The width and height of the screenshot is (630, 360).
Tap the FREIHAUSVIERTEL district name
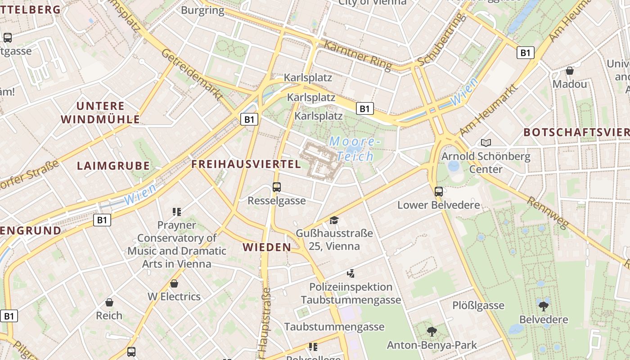click(x=246, y=164)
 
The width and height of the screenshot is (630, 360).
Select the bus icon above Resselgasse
click(x=277, y=187)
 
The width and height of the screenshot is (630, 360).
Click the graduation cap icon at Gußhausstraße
click(x=334, y=220)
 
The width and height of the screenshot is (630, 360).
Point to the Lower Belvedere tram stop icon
click(x=439, y=192)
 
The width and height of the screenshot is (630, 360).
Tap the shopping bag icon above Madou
click(x=570, y=71)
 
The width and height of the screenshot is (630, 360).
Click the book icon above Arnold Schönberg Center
click(x=486, y=143)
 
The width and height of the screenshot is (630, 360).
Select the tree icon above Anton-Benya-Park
click(x=432, y=332)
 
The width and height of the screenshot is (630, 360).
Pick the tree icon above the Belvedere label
click(x=544, y=306)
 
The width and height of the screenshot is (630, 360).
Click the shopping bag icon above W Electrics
click(x=174, y=283)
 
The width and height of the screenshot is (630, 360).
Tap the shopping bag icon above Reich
click(x=109, y=302)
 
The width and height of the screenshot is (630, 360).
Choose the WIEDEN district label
click(x=267, y=247)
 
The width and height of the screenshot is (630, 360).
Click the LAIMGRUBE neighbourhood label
click(x=113, y=166)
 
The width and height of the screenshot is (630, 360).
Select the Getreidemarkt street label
click(x=193, y=75)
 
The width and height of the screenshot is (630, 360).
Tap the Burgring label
click(x=202, y=10)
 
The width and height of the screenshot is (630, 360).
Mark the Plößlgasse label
click(x=478, y=306)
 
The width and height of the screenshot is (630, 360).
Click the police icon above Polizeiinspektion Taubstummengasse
click(x=351, y=273)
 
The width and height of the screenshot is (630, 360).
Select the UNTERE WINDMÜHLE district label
click(x=100, y=112)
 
